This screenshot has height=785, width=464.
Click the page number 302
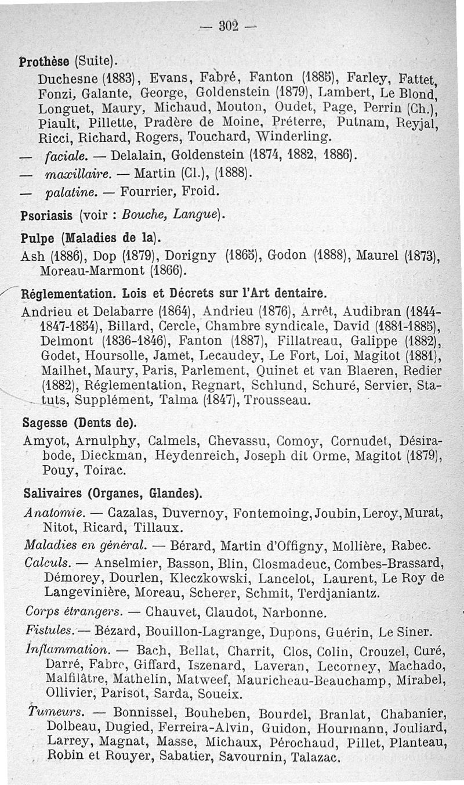231,27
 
